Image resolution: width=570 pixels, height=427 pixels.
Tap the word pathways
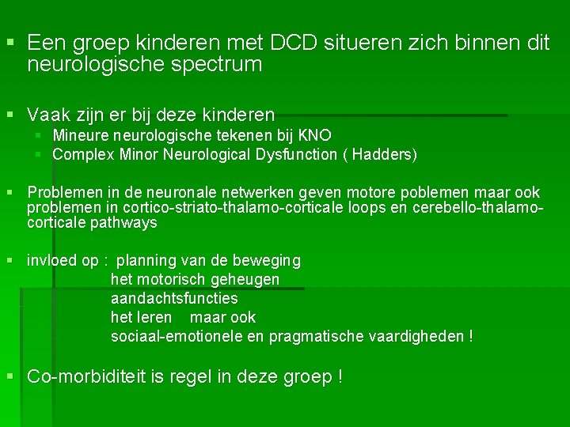(x=123, y=223)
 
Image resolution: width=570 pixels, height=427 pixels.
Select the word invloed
(x=51, y=260)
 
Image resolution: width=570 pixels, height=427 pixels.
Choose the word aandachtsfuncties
(x=174, y=298)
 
